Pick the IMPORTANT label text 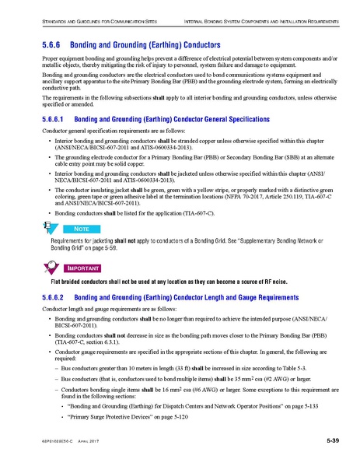pos(96,269)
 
